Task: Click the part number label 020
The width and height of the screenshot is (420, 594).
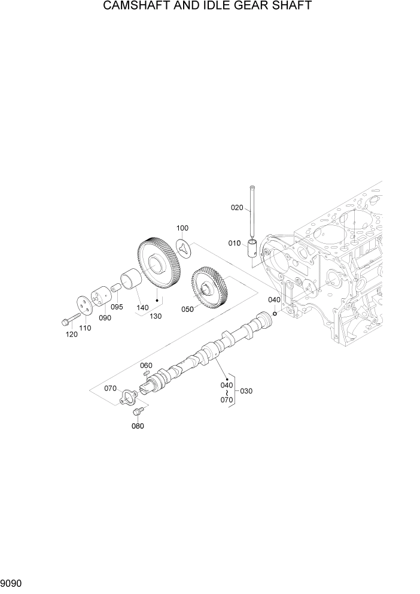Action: pos(237,208)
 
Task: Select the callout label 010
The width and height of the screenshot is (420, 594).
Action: pos(234,243)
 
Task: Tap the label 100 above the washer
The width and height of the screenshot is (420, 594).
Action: pos(182,229)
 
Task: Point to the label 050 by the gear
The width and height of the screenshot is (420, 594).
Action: pos(187,310)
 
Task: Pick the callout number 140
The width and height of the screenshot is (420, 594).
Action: pos(142,307)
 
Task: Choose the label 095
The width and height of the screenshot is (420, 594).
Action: pos(117,307)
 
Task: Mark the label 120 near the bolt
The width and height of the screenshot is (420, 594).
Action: pos(71,334)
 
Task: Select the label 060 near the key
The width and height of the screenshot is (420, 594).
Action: pos(146,365)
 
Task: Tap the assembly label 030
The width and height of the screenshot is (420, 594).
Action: pos(246,391)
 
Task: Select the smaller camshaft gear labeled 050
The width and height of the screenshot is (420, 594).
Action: pos(210,288)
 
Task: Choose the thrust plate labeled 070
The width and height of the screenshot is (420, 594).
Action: pos(127,396)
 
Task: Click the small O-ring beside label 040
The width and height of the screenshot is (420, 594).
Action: pos(274,313)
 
